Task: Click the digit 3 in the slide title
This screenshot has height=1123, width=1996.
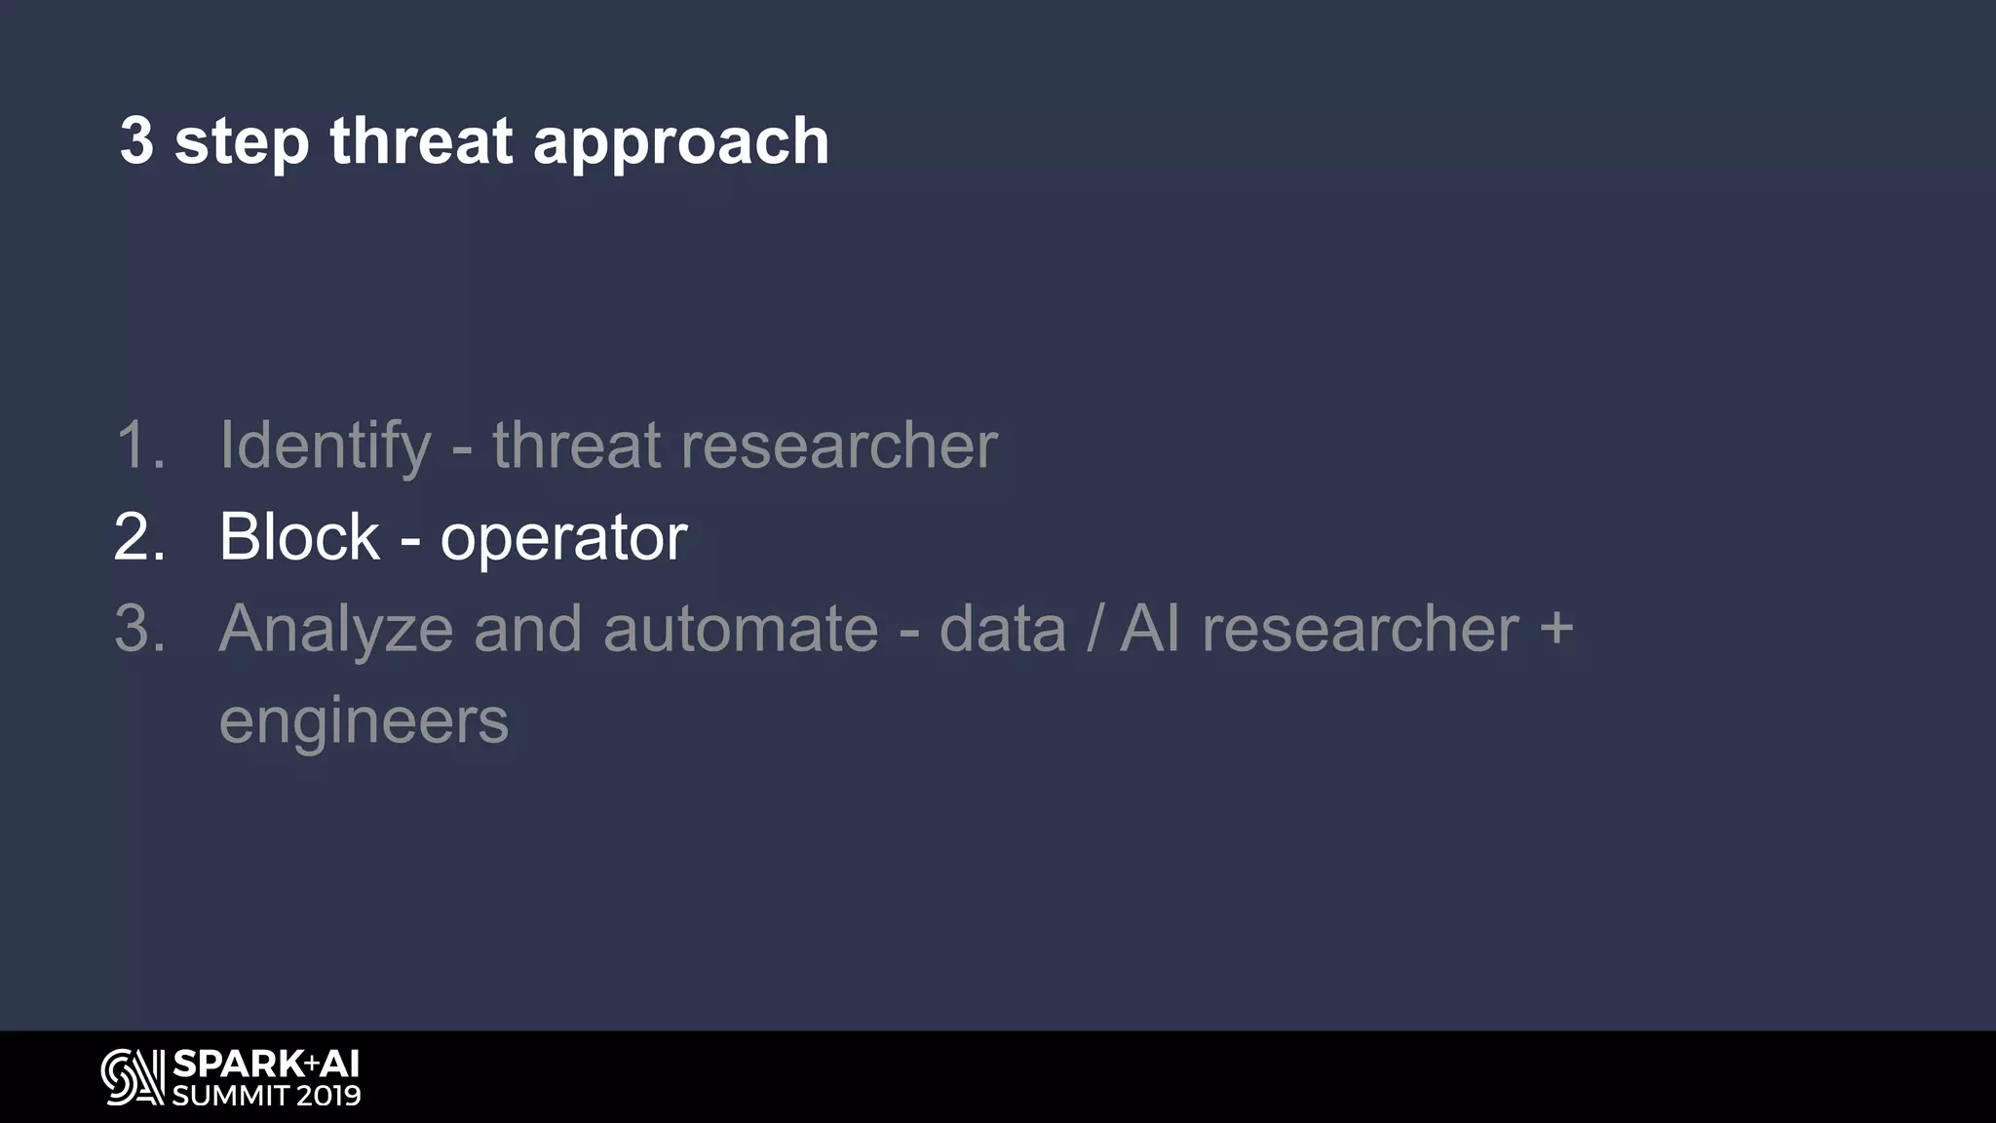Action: (x=137, y=140)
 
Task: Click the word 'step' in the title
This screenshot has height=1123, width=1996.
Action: (x=241, y=143)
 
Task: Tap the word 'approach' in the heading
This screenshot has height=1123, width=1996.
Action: (x=680, y=143)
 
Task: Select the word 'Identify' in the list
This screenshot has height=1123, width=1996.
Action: (x=326, y=446)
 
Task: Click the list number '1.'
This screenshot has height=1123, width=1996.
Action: (x=140, y=446)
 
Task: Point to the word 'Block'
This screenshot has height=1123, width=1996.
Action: (x=299, y=537)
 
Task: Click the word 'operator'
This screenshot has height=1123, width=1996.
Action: (x=563, y=539)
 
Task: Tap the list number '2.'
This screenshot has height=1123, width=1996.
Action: (x=140, y=537)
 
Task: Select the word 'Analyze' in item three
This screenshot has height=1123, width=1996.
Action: (x=336, y=630)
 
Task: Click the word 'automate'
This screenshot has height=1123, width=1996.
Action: (x=741, y=630)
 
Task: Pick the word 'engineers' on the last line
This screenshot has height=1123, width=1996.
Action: (x=364, y=722)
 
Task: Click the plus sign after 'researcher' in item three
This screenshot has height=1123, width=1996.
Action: (x=1556, y=628)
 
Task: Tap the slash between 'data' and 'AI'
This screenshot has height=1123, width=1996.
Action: (x=1094, y=630)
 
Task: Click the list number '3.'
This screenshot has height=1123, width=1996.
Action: (x=140, y=629)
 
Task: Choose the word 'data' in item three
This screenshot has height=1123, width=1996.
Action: (x=1003, y=630)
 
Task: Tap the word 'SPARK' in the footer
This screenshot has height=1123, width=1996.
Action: (x=238, y=1064)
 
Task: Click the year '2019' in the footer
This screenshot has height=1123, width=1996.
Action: (x=328, y=1096)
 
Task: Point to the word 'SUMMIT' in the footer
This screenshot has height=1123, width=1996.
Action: (x=229, y=1096)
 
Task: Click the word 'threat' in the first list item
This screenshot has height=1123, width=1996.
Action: (x=576, y=446)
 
